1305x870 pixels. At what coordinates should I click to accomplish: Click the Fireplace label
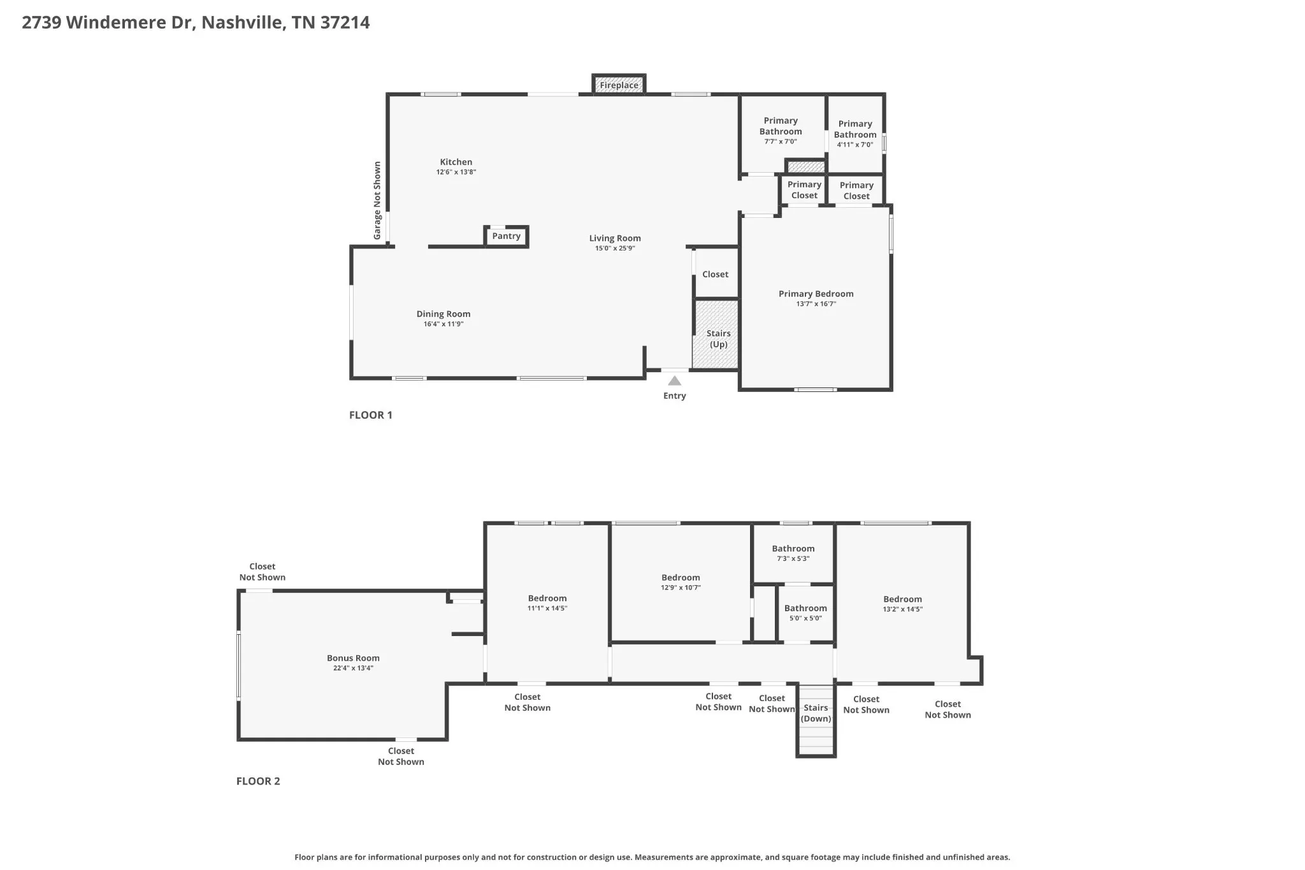point(619,85)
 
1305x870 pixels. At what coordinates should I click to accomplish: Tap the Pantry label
point(507,236)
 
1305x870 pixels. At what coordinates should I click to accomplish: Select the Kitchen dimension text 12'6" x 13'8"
point(456,172)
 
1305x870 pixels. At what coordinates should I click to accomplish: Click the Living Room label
point(615,238)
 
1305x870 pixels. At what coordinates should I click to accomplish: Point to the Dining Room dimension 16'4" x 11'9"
point(443,324)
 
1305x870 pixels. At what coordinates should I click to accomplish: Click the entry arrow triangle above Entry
point(674,381)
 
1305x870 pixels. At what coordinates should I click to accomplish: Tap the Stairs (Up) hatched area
point(716,334)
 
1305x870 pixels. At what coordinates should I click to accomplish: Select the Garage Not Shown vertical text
point(377,201)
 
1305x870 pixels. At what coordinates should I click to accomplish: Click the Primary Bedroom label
point(816,294)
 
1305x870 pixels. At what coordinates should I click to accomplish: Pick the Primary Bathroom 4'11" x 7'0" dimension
point(855,145)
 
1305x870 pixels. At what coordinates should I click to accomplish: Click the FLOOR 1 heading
point(371,415)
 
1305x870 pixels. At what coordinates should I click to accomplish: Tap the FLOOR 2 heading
point(258,781)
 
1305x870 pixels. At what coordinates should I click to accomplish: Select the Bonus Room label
point(353,658)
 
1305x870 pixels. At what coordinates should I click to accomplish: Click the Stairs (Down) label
point(816,713)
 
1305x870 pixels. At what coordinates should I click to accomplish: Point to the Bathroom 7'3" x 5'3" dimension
point(793,559)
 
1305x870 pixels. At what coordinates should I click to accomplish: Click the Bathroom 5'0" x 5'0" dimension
point(806,618)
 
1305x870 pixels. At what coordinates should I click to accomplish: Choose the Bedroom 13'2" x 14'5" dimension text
point(903,609)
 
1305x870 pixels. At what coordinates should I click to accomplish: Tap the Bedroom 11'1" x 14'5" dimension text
point(547,608)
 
